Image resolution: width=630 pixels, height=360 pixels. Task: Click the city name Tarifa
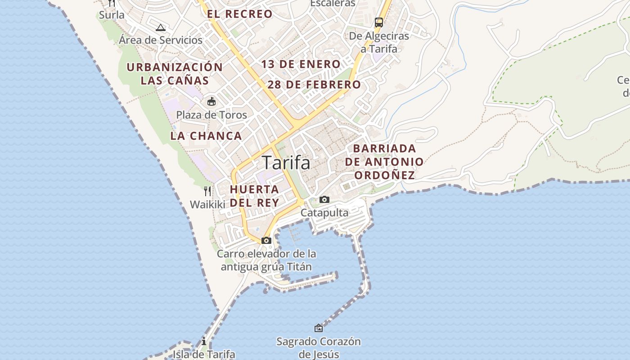tap(286, 162)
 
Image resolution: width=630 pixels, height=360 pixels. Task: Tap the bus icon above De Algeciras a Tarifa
tap(379, 22)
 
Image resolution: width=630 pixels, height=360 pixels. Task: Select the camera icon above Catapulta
tap(324, 199)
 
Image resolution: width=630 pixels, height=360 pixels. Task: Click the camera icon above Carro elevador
tap(266, 240)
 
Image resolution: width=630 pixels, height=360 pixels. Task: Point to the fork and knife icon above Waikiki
tap(207, 191)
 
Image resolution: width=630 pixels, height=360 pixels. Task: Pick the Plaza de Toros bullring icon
tap(211, 101)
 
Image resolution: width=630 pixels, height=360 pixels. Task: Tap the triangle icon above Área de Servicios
tap(161, 27)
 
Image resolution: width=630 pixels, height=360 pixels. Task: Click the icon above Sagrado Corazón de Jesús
tap(319, 328)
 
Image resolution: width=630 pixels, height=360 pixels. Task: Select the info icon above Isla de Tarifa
tap(204, 341)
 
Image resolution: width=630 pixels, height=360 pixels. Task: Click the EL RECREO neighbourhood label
tap(240, 14)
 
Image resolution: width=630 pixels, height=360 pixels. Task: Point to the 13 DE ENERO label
tap(301, 64)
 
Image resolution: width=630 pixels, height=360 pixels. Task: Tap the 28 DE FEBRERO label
tap(314, 85)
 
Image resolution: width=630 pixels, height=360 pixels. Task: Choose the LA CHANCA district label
tap(206, 136)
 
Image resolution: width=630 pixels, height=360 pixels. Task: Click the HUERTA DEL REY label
tap(255, 196)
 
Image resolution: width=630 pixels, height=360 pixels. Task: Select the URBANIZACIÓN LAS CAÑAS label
tap(175, 74)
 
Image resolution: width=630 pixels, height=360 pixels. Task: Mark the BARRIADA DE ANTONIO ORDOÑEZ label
tap(384, 162)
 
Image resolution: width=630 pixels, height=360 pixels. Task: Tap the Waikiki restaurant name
tap(207, 204)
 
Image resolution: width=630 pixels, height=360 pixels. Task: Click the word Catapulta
tap(324, 212)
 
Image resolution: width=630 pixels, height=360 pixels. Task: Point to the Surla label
tap(112, 15)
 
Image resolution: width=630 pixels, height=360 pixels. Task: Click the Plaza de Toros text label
tap(211, 115)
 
